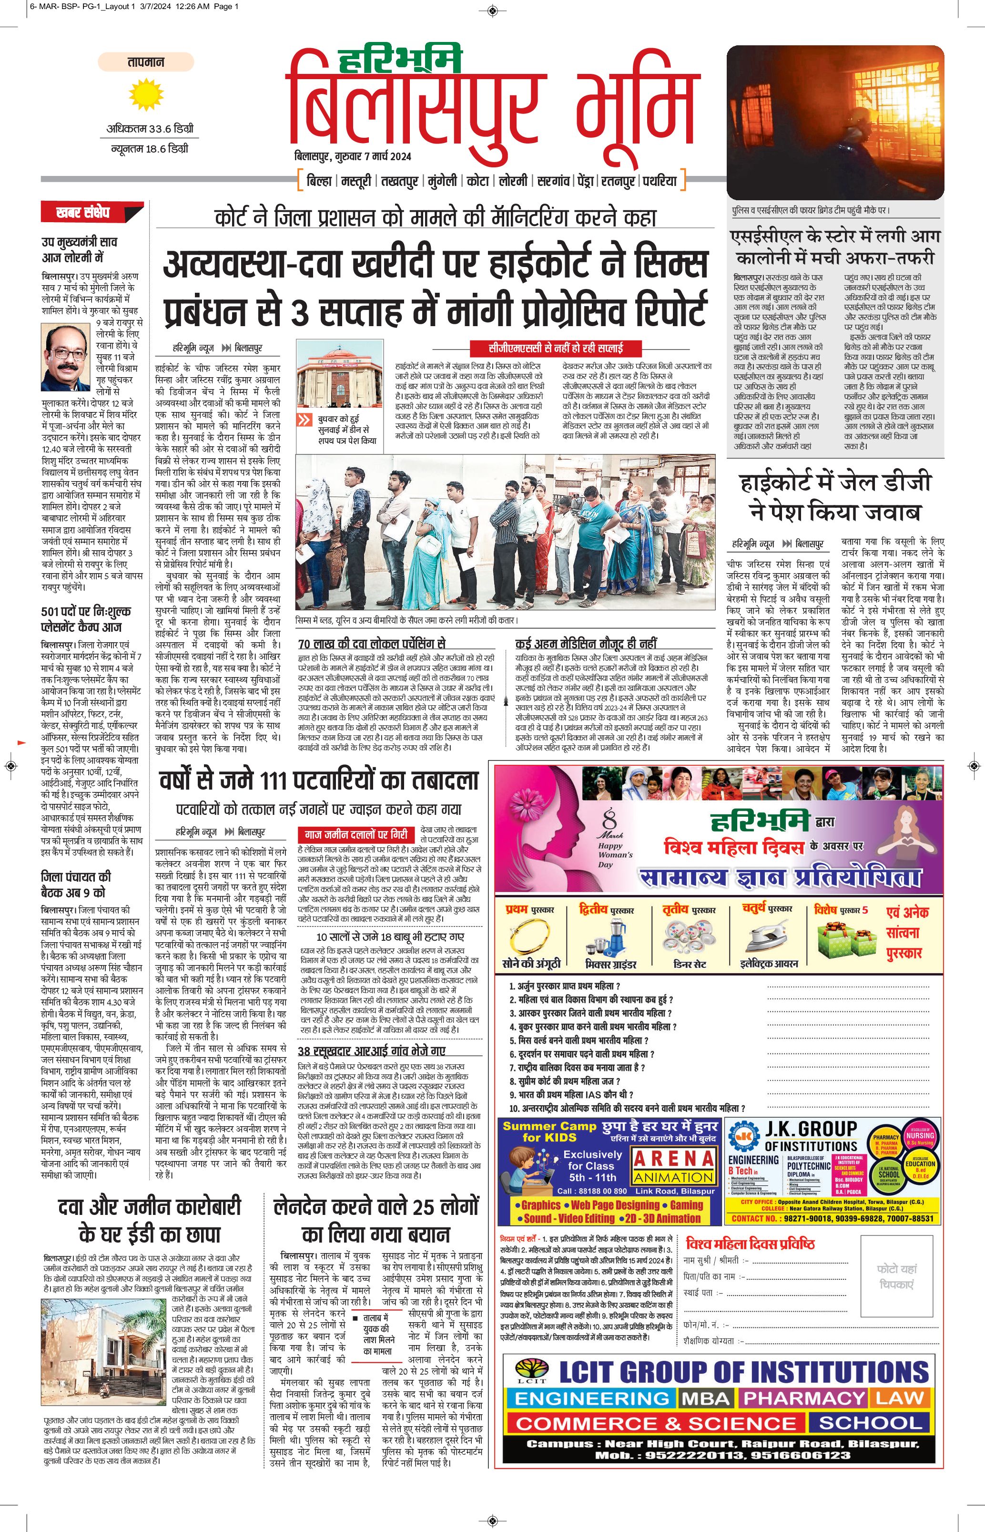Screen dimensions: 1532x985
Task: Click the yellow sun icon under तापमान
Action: point(146,95)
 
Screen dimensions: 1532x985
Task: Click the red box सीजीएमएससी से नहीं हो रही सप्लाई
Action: point(555,348)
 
